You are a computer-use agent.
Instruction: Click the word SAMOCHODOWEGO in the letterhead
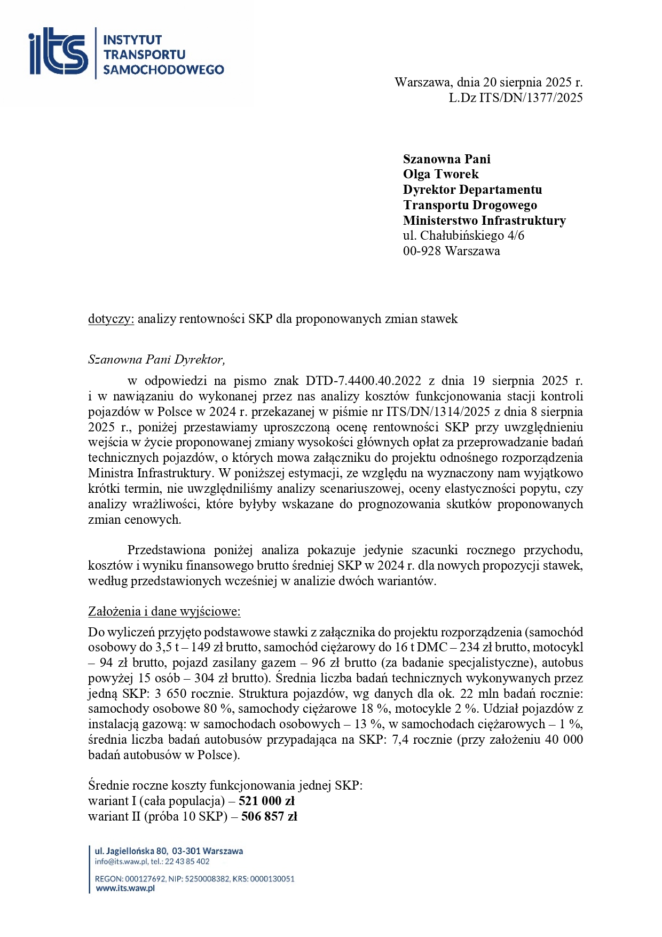coord(163,69)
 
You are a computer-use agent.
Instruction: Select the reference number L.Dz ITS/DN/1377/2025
coord(515,98)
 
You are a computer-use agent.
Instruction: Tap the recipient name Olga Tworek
coord(440,174)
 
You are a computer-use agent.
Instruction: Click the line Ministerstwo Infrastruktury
coord(484,221)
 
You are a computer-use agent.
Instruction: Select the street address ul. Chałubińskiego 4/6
coord(463,235)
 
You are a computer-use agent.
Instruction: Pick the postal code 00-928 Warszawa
coord(451,251)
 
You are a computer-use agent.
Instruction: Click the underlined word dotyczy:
coord(111,319)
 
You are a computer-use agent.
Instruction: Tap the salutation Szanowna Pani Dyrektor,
coord(156,359)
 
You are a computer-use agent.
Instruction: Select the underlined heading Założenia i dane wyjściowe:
coord(164,611)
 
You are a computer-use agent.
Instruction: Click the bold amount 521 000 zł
coord(266,801)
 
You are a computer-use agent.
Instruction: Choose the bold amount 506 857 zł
coord(269,816)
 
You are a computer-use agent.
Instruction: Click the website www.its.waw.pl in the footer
coord(125,888)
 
